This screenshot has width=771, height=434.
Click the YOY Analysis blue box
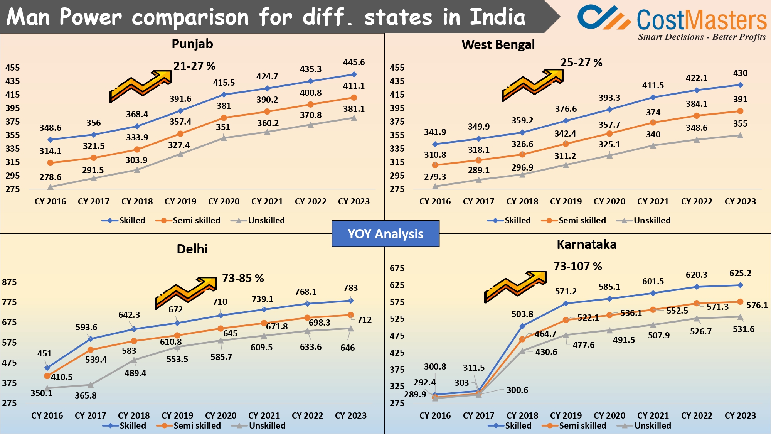pos(385,234)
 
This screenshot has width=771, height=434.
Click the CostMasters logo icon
pos(603,17)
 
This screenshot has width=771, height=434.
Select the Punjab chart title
pos(192,44)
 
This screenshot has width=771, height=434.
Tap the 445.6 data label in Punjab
pos(354,62)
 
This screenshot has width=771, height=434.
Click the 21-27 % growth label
pos(194,66)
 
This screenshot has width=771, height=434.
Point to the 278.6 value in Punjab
pos(50,177)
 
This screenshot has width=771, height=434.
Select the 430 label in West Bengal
pos(740,73)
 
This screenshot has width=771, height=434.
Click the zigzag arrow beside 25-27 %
pos(532,85)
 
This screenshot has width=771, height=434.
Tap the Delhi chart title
pos(192,249)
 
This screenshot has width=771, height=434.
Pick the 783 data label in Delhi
pos(350,288)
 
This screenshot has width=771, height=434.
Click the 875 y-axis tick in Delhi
pos(10,282)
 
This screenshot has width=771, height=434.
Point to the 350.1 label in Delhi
pos(41,393)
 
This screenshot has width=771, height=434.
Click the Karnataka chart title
pos(586,245)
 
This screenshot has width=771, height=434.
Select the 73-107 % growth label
pos(577,266)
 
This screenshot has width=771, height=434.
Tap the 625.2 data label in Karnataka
pos(740,274)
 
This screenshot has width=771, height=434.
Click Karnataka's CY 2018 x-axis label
pos(522,415)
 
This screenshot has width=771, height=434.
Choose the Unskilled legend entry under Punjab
pos(266,220)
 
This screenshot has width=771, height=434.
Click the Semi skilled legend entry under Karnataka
pos(582,426)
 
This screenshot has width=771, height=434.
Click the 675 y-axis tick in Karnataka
pos(397,268)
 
